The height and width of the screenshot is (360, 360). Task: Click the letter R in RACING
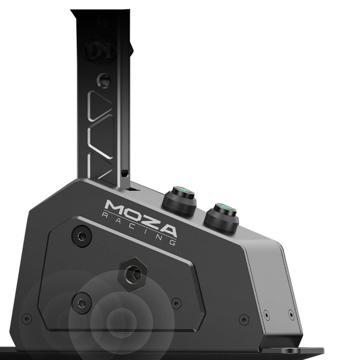click(x=106, y=215)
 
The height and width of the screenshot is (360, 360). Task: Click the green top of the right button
click(x=221, y=208)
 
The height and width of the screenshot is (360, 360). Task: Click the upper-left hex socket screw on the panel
click(x=81, y=236)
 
